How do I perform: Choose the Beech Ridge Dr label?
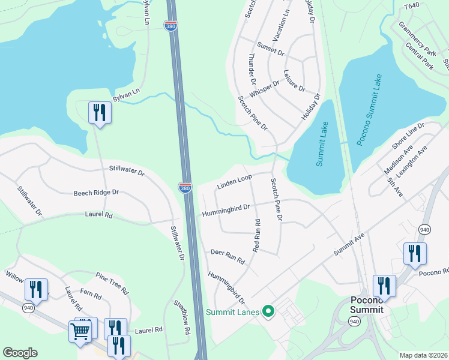click(x=96, y=193)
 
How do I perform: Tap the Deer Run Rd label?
click(x=228, y=257)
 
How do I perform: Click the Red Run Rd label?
click(x=256, y=235)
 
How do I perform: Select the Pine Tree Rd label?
click(x=112, y=283)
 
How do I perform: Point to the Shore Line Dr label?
click(x=408, y=136)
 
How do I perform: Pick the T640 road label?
click(x=411, y=6)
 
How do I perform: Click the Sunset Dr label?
click(x=270, y=49)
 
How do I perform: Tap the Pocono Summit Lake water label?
click(x=370, y=110)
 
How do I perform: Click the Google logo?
click(x=20, y=353)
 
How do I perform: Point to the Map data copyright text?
click(x=423, y=355)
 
